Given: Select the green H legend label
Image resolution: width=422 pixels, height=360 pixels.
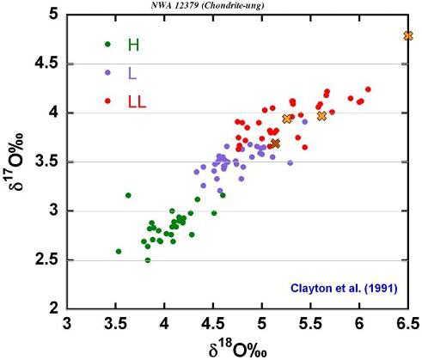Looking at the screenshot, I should (x=133, y=44).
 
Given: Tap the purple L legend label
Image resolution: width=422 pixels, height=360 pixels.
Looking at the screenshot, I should (x=131, y=72).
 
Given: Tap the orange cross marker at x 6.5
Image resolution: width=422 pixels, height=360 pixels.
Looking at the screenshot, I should (x=407, y=35).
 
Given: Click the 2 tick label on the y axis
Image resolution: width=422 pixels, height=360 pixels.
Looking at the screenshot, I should (x=53, y=308).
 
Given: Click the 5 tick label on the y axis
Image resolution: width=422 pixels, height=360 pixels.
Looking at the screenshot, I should (x=53, y=15).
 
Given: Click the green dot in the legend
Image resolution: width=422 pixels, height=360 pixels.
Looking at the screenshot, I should (x=107, y=44).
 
